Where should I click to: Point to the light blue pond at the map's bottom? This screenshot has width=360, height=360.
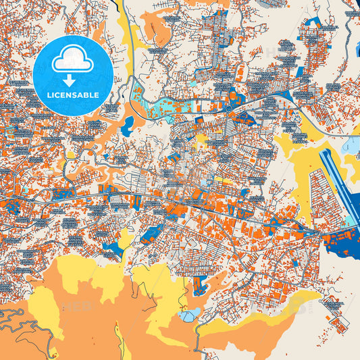[188, 314]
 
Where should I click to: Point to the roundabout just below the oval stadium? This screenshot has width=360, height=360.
[230, 107]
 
